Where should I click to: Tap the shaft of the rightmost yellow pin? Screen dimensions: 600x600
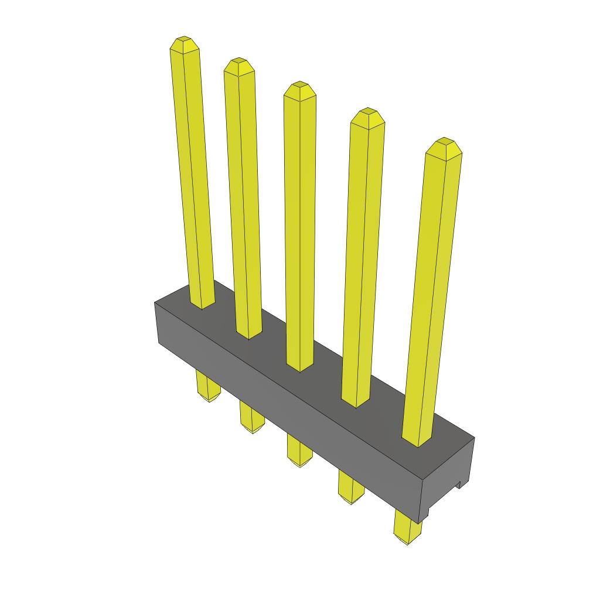click(434, 293)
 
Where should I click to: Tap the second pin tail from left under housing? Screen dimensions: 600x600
click(252, 418)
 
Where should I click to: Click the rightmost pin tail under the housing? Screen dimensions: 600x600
click(407, 527)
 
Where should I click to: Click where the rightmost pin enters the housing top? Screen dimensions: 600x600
click(417, 441)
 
